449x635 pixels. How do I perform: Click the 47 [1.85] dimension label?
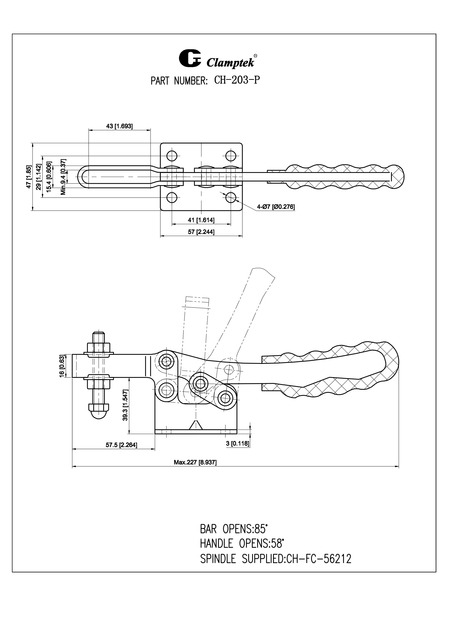tap(29, 177)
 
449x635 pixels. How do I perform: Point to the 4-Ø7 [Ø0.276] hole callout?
tap(276, 207)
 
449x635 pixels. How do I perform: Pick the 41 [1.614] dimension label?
tap(201, 220)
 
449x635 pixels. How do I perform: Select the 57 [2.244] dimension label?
tap(201, 232)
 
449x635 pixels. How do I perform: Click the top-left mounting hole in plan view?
tap(172, 156)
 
